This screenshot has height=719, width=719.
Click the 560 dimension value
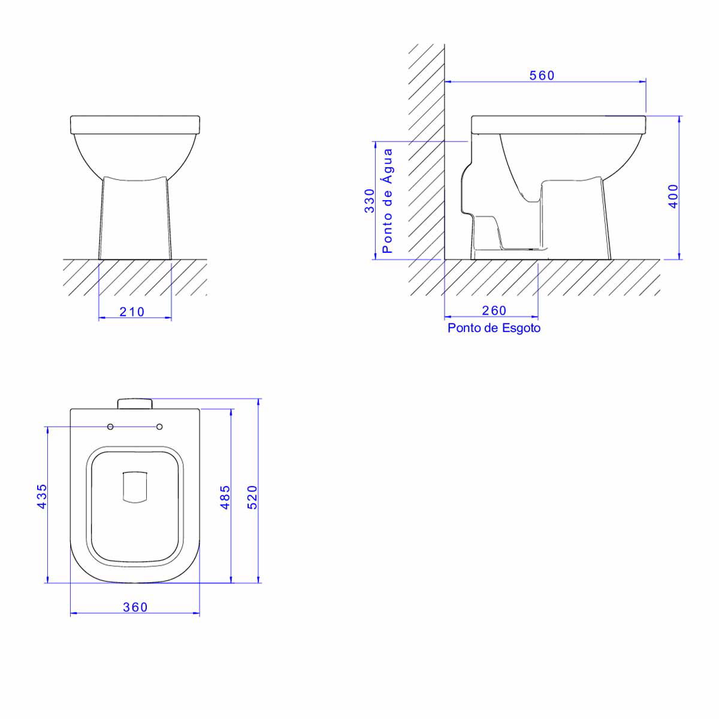coord(542,75)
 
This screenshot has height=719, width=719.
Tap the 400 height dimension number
coord(673,197)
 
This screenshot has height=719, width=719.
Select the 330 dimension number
coord(369,201)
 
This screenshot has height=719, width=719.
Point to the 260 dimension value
coord(494,310)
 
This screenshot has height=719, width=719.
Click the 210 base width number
coord(132,312)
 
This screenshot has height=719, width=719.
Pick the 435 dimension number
coord(42,496)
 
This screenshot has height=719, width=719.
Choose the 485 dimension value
coord(225,497)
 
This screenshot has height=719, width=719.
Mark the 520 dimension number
coord(253,497)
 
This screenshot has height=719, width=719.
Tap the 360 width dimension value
coord(135,607)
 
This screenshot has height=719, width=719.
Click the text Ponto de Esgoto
coord(494,328)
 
